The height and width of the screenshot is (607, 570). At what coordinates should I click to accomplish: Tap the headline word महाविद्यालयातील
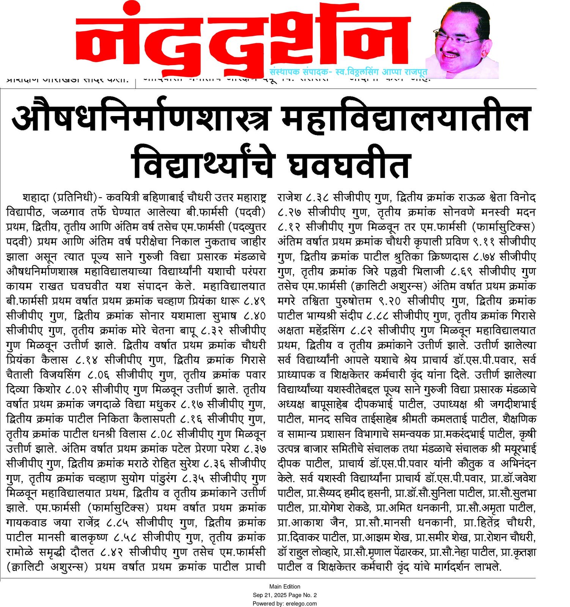click(x=405, y=118)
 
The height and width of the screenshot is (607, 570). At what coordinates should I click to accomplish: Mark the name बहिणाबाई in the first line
click(x=162, y=198)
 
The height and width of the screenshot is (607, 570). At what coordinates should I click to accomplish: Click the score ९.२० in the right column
click(x=389, y=301)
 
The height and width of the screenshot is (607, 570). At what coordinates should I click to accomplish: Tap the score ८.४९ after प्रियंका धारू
click(x=254, y=301)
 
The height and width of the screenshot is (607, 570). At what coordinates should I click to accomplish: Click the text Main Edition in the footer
click(x=285, y=587)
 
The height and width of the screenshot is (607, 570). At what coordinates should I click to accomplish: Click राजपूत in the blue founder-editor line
click(x=416, y=72)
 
